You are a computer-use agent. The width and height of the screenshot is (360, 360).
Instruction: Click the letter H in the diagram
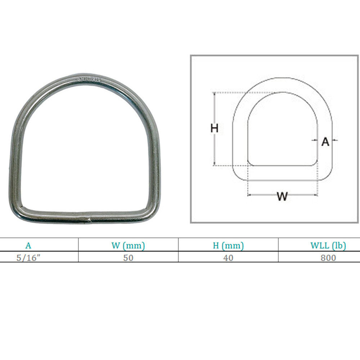[215, 128]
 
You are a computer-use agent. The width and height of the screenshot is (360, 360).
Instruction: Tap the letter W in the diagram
[282, 197]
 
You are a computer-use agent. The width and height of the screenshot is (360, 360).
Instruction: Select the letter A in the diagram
[325, 142]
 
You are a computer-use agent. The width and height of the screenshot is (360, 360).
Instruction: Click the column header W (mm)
[128, 246]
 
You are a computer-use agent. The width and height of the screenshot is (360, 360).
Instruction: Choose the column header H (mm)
[228, 246]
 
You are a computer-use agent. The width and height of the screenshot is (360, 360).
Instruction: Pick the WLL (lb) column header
[328, 246]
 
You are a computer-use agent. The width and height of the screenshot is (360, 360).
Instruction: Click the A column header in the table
[28, 246]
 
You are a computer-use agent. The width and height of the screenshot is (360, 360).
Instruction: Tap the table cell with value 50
[128, 258]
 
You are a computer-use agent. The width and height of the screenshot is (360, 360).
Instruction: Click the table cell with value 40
[228, 258]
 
